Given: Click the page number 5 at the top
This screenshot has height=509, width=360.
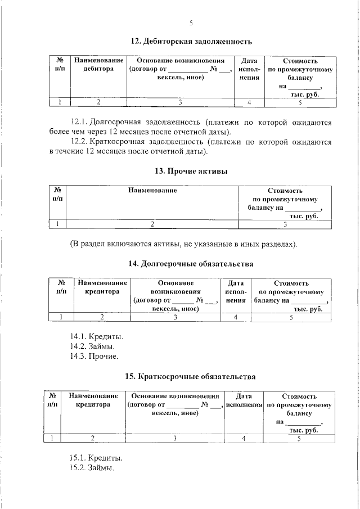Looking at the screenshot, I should point(191,23).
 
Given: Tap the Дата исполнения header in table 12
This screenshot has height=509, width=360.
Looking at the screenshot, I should point(249,69).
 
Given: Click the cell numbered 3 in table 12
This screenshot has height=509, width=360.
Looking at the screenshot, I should point(180,102).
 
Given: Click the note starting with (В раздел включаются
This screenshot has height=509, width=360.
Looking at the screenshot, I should point(183,244).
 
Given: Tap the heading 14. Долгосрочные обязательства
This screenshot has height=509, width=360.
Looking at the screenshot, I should point(191,264).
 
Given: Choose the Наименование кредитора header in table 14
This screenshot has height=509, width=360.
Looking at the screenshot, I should point(102,288).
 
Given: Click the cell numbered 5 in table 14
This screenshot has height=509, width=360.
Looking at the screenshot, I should point(291,318).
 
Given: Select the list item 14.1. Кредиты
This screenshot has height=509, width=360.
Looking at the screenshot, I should point(96,337).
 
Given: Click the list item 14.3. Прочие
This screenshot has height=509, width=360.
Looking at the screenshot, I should point(94,356).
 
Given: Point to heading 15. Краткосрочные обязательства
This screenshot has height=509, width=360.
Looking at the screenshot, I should point(191,376).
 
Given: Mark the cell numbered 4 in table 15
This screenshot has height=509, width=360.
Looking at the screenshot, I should point(244,438).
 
